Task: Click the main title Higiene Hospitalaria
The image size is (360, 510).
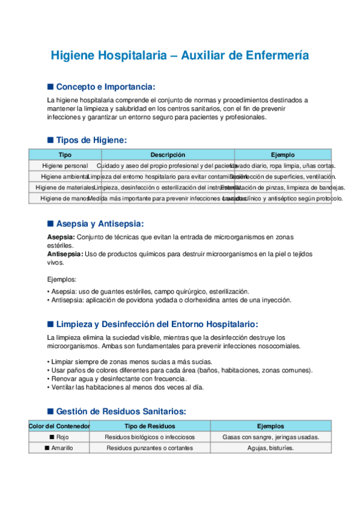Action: coord(180,55)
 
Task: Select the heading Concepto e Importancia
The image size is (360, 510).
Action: coord(105,87)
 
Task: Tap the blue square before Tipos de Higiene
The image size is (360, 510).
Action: coord(50,140)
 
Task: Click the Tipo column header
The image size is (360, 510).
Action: coord(65,155)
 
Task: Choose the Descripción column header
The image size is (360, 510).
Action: coord(168,155)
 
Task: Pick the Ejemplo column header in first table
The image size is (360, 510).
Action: coord(282,155)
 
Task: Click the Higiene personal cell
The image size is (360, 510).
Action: coord(65,165)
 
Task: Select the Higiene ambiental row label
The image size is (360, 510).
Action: coord(64,176)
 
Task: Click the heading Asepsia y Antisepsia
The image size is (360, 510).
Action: coord(99,224)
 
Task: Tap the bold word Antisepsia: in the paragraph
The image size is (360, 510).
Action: coord(66,254)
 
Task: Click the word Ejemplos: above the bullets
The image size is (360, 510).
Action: coord(62,280)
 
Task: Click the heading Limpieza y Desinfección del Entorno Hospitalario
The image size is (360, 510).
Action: coord(156,324)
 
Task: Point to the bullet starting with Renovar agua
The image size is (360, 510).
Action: coord(117,379)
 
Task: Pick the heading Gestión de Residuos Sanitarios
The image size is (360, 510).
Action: coord(120,411)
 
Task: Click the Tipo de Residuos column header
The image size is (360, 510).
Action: coord(150,426)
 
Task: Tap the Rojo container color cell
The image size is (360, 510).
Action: coord(59,437)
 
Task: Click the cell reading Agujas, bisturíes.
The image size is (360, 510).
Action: coord(270,448)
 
